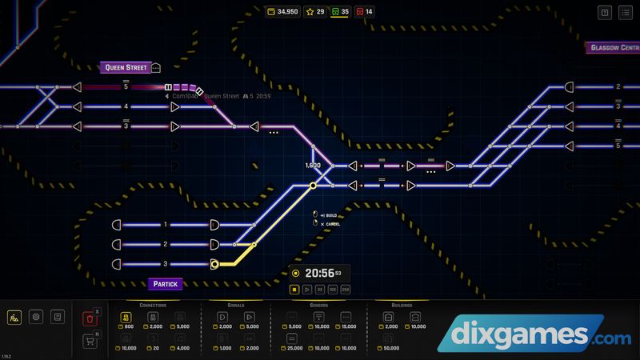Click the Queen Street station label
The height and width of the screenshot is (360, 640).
pyautogui.click(x=126, y=67)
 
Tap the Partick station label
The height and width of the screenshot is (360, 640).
pyautogui.click(x=166, y=283)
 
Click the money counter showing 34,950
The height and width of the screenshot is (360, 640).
pyautogui.click(x=282, y=12)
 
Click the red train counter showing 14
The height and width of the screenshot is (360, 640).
pyautogui.click(x=364, y=12)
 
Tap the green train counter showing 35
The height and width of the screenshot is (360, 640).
pyautogui.click(x=339, y=12)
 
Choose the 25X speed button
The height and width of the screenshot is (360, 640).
pyautogui.click(x=346, y=289)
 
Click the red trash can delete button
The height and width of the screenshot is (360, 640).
pyautogui.click(x=90, y=319)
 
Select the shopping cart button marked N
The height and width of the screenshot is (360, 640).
pyautogui.click(x=90, y=342)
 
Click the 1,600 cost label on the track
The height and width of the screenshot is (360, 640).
pyautogui.click(x=313, y=166)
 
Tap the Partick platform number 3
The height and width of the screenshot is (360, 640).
pyautogui.click(x=166, y=264)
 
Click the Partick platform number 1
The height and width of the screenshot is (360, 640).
pyautogui.click(x=166, y=225)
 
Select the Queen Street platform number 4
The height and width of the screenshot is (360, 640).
pyautogui.click(x=126, y=106)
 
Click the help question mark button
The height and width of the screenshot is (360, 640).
pyautogui.click(x=604, y=12)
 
